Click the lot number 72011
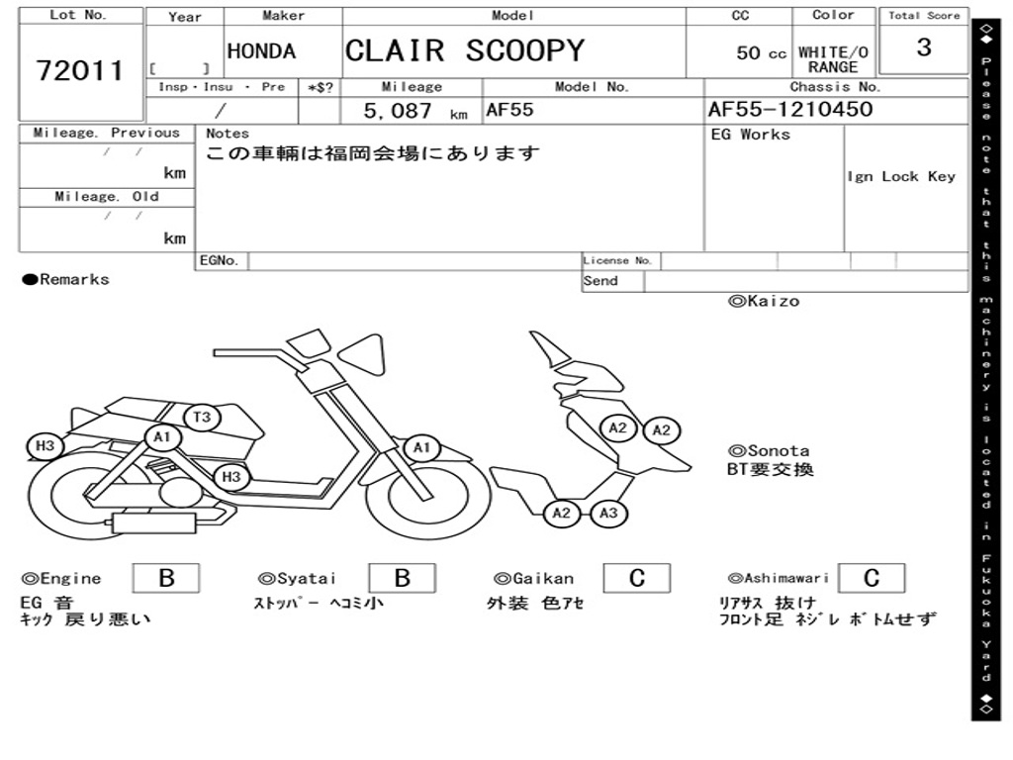(80, 70)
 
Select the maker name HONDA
(261, 51)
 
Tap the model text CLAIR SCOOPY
(464, 50)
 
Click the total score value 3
(923, 47)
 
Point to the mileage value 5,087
(399, 111)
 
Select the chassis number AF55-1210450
(789, 110)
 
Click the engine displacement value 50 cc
(761, 53)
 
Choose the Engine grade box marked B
(166, 578)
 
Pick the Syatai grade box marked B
(402, 578)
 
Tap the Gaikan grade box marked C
(636, 578)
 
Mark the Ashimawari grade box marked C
(871, 578)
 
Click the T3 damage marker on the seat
(202, 417)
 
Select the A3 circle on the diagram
(608, 513)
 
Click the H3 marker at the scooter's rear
(45, 446)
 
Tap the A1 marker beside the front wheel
(421, 449)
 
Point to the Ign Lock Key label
(901, 176)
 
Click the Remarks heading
(66, 280)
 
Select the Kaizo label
(764, 301)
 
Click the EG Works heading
(751, 134)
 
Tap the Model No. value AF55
(509, 110)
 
